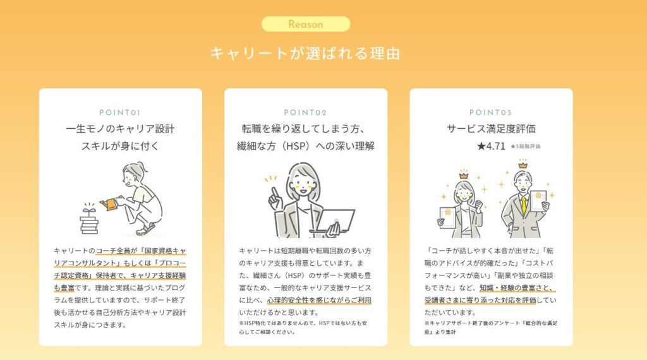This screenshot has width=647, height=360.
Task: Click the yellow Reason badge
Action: (306, 24)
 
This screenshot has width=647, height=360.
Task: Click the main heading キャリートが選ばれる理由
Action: (305, 54)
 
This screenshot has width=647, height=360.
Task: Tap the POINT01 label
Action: (120, 112)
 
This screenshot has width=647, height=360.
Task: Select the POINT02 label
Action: (305, 112)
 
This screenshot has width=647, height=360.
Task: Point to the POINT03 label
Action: (490, 112)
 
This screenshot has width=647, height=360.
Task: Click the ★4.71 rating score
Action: (491, 146)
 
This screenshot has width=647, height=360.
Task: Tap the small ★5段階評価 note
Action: (525, 147)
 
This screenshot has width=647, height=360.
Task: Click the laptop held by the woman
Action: (334, 221)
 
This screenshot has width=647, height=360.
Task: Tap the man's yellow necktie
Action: (524, 206)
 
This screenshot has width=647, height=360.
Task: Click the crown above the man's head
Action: (523, 165)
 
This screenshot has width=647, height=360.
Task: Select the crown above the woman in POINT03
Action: (464, 175)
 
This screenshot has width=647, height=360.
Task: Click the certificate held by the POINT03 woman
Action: (448, 217)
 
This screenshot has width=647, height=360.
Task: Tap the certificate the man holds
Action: (538, 201)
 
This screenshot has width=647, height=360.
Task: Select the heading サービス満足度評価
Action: (491, 129)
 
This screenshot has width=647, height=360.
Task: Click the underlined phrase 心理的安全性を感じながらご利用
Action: (319, 300)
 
